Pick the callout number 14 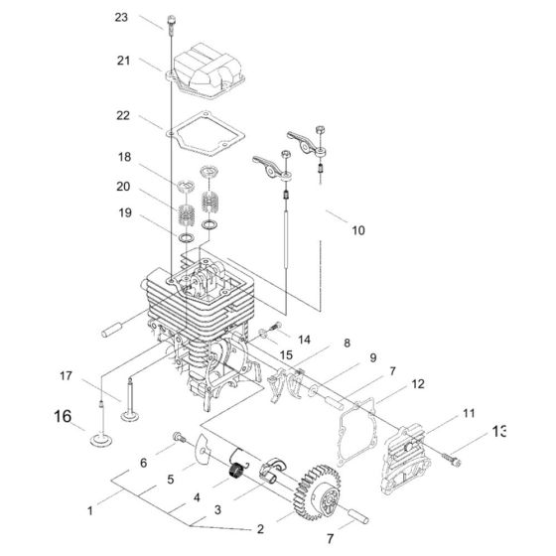[x=304, y=339]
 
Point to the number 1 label [x=90, y=510]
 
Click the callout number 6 [x=143, y=462]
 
